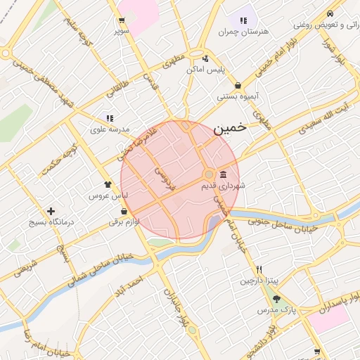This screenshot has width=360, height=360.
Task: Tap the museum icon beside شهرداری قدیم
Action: [x=223, y=174]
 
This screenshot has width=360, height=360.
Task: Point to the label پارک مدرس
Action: [x=274, y=310]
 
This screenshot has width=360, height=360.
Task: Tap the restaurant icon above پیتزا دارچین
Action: [x=259, y=269]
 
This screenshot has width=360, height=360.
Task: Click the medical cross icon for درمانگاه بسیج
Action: [x=51, y=211]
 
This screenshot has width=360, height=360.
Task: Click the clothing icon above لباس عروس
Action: [x=107, y=184]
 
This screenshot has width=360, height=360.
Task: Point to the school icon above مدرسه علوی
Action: [x=110, y=118]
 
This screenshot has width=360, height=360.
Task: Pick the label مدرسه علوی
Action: [x=108, y=130]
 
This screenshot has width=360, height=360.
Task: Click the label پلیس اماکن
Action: [x=205, y=70]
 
